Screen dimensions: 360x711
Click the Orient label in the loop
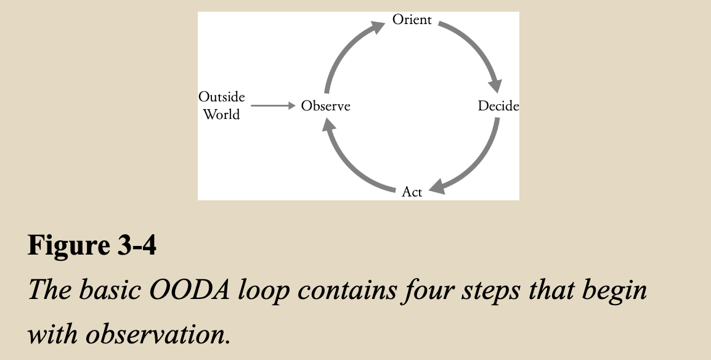412,20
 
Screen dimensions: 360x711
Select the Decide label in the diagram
498,106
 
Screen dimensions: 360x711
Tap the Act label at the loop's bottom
412,192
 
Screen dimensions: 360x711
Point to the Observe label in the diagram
325,106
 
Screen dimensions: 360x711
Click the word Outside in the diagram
221,97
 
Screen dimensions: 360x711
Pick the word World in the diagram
221,115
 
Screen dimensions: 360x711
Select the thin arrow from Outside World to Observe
274,106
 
